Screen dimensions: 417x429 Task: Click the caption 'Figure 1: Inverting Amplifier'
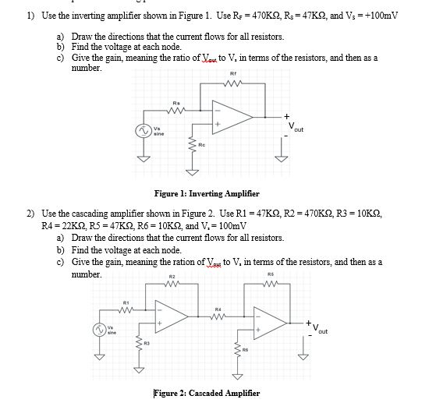coord(207,193)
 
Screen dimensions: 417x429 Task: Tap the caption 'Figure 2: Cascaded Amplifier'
coord(207,393)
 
